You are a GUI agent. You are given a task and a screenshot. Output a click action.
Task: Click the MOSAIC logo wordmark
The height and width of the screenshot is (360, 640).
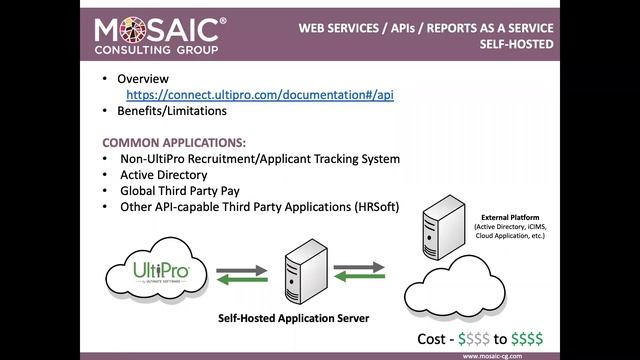click(x=160, y=27)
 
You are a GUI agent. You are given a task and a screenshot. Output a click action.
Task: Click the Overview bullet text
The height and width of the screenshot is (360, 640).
click(x=143, y=78)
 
